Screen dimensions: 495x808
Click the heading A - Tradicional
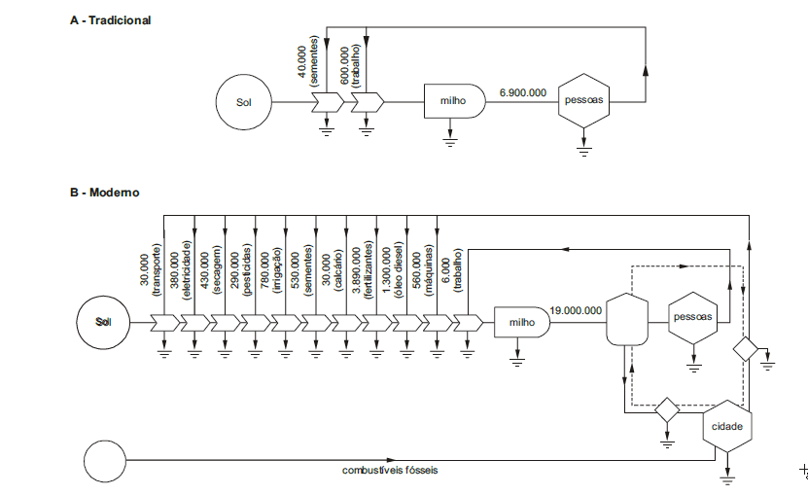[x=110, y=20]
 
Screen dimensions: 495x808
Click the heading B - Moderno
[x=104, y=193]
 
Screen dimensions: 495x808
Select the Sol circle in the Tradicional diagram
[x=243, y=101]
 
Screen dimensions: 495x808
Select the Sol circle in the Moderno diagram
[x=103, y=320]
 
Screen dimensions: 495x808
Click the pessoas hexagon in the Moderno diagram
[x=693, y=317]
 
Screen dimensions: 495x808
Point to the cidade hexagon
[x=727, y=427]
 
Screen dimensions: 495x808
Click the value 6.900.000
[x=522, y=92]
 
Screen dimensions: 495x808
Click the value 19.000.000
[x=576, y=310]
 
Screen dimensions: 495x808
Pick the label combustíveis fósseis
[x=390, y=471]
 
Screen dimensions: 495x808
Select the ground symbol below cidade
[x=727, y=478]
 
